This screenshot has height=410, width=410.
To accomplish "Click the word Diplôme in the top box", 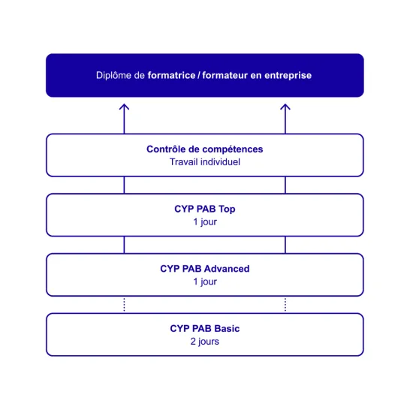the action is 113,76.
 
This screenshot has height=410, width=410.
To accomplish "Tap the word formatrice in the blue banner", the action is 171,75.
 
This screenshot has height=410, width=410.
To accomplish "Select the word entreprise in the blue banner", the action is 288,76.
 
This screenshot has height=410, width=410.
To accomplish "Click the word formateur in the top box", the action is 225,75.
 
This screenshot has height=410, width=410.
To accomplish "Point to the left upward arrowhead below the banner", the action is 124,107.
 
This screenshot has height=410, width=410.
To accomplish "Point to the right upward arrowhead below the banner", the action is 285,107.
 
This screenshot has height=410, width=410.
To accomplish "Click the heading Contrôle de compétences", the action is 205,149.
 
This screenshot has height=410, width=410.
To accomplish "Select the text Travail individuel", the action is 205,162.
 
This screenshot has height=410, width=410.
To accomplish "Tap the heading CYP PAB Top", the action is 205,210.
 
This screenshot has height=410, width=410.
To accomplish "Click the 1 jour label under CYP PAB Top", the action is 205,222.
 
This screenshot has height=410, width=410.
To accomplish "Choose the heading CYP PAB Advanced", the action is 205,269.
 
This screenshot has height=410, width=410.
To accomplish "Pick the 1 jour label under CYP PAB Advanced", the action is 205,282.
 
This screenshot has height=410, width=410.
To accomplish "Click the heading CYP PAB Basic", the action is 205,329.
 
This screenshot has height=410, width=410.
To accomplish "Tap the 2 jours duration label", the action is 205,342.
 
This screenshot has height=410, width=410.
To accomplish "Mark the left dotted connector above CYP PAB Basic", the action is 124,305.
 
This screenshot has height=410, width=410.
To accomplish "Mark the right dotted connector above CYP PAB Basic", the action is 285,305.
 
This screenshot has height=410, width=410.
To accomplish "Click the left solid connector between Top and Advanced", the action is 124,245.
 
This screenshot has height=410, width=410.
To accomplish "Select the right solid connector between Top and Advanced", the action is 285,245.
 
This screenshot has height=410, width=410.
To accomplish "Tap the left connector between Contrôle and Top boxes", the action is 124,185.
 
